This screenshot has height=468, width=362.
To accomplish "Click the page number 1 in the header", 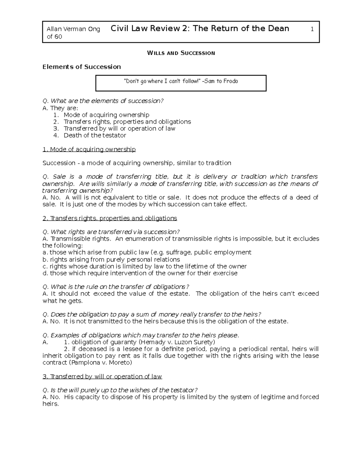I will coord(312,29).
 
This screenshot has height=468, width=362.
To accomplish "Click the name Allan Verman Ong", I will coord(73,29).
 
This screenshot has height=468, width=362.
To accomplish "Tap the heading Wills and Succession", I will coord(181,53).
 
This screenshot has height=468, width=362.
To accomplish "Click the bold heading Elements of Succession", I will coord(81,67).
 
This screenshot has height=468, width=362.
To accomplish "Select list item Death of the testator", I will coord(95,135).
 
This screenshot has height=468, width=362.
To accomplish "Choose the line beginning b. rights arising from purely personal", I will coord(111,259).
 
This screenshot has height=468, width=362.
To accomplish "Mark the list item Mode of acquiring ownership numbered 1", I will coord(106,115).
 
